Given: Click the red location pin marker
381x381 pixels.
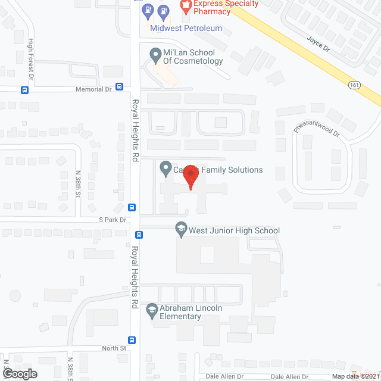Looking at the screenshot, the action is (190, 177).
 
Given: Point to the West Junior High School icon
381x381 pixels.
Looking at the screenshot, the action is (180, 227).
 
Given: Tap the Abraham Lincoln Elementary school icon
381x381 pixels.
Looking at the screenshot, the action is (152, 309).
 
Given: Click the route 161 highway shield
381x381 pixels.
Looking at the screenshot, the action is (355, 85).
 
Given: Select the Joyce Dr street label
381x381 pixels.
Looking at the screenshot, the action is (317, 44).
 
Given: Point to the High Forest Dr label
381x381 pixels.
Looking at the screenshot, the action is (31, 57).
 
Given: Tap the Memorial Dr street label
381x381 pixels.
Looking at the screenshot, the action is (93, 89).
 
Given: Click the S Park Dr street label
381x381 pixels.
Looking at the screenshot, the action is (113, 220).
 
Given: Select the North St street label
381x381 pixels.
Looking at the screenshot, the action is (114, 348).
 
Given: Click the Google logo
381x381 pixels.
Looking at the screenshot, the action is (19, 373).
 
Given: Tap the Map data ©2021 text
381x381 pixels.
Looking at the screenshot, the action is (356, 376).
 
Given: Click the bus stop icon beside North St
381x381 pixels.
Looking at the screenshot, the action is (132, 341).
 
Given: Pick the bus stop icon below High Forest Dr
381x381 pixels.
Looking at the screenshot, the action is (24, 90).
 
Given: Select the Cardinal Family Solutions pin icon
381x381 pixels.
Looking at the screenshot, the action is (166, 170).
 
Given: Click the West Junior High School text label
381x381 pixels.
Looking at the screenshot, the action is (234, 230).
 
